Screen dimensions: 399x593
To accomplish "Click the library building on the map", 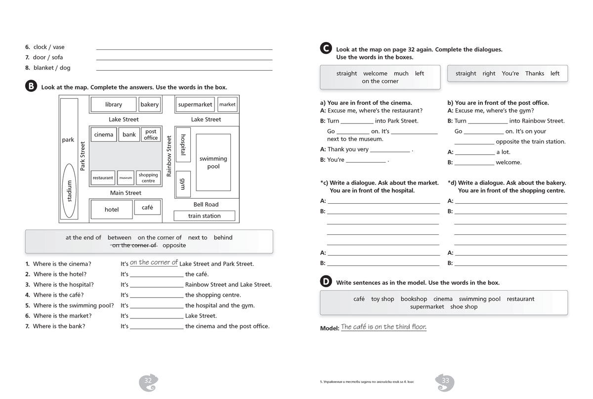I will [114, 105].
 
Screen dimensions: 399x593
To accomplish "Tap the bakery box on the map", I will [149, 105].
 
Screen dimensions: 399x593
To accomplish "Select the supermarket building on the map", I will [195, 105].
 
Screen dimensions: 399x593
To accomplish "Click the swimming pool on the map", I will [213, 162].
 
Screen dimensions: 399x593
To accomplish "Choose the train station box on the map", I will [204, 216].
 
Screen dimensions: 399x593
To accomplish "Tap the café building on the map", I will [147, 208].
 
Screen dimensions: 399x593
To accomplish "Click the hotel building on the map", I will [112, 210].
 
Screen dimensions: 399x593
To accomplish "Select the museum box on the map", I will [126, 178].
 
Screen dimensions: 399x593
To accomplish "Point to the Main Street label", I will [126, 193].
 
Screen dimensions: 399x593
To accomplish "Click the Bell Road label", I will [206, 204].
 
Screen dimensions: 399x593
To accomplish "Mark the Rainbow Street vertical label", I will [169, 156].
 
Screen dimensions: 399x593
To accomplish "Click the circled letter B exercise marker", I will [31, 86].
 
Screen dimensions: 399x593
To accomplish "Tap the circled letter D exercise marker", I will [326, 282].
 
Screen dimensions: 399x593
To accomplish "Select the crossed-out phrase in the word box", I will [134, 245].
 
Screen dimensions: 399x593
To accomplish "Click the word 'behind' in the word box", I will [223, 237].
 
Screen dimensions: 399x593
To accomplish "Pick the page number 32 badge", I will [148, 381].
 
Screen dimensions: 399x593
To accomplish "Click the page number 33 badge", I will [445, 381].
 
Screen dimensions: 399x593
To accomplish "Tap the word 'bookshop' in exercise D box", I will [414, 299].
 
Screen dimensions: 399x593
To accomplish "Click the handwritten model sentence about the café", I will [383, 327].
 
